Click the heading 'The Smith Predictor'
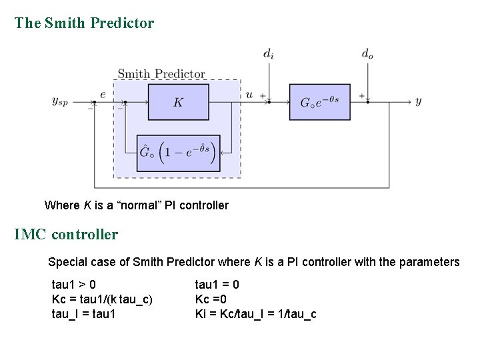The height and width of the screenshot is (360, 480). coord(84,23)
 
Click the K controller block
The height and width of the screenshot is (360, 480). coord(178,102)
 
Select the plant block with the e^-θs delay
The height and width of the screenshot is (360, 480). coord(319,102)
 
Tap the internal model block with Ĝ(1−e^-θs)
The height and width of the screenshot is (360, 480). coord(178,153)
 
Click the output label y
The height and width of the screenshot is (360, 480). coord(418,101)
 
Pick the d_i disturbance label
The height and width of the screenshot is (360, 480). coord(267,53)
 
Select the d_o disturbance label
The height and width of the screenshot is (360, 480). coord(367,53)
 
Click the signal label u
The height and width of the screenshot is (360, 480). coord(249,95)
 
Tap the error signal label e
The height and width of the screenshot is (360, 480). coord(103,95)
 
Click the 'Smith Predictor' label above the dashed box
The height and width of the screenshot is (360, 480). coord(161,73)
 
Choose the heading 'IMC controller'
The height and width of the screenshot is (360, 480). coord(66,235)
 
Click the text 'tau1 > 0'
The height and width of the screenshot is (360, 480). coord(74,285)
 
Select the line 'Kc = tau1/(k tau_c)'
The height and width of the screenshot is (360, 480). coord(102,299)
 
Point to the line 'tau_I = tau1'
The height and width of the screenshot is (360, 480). coord(83,313)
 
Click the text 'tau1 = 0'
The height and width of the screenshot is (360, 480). coord(217,285)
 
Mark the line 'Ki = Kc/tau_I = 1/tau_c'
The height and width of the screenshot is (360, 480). coord(255,313)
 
